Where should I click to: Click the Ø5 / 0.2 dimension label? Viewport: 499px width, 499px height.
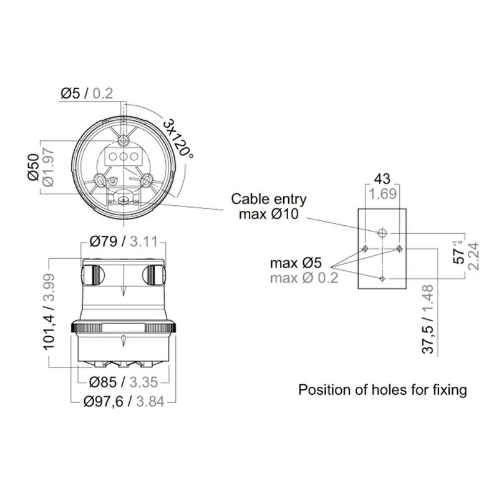click(x=87, y=94)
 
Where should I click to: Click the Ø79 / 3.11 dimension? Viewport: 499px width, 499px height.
click(x=123, y=240)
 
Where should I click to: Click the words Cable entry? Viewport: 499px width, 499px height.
click(x=269, y=200)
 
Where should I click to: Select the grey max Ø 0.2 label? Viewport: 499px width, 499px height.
click(x=304, y=278)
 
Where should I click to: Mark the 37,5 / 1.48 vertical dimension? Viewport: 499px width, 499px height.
click(x=429, y=319)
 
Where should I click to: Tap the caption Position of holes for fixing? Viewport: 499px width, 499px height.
click(x=382, y=390)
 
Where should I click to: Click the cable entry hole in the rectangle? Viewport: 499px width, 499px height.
click(x=382, y=233)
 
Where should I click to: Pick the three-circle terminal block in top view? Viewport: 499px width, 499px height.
click(x=124, y=156)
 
